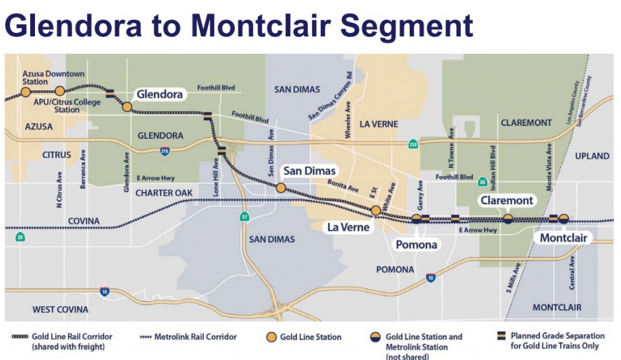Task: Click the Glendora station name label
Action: tap(159, 94)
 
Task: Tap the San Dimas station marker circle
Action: tap(280, 187)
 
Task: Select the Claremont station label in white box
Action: tap(507, 201)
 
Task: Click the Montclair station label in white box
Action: tap(564, 238)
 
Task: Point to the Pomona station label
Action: tap(417, 245)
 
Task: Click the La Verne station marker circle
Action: tap(376, 210)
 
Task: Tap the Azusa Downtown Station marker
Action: tap(26, 92)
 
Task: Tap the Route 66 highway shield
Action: tap(482, 182)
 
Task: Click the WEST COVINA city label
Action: tap(60, 309)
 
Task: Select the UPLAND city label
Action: tap(592, 156)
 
